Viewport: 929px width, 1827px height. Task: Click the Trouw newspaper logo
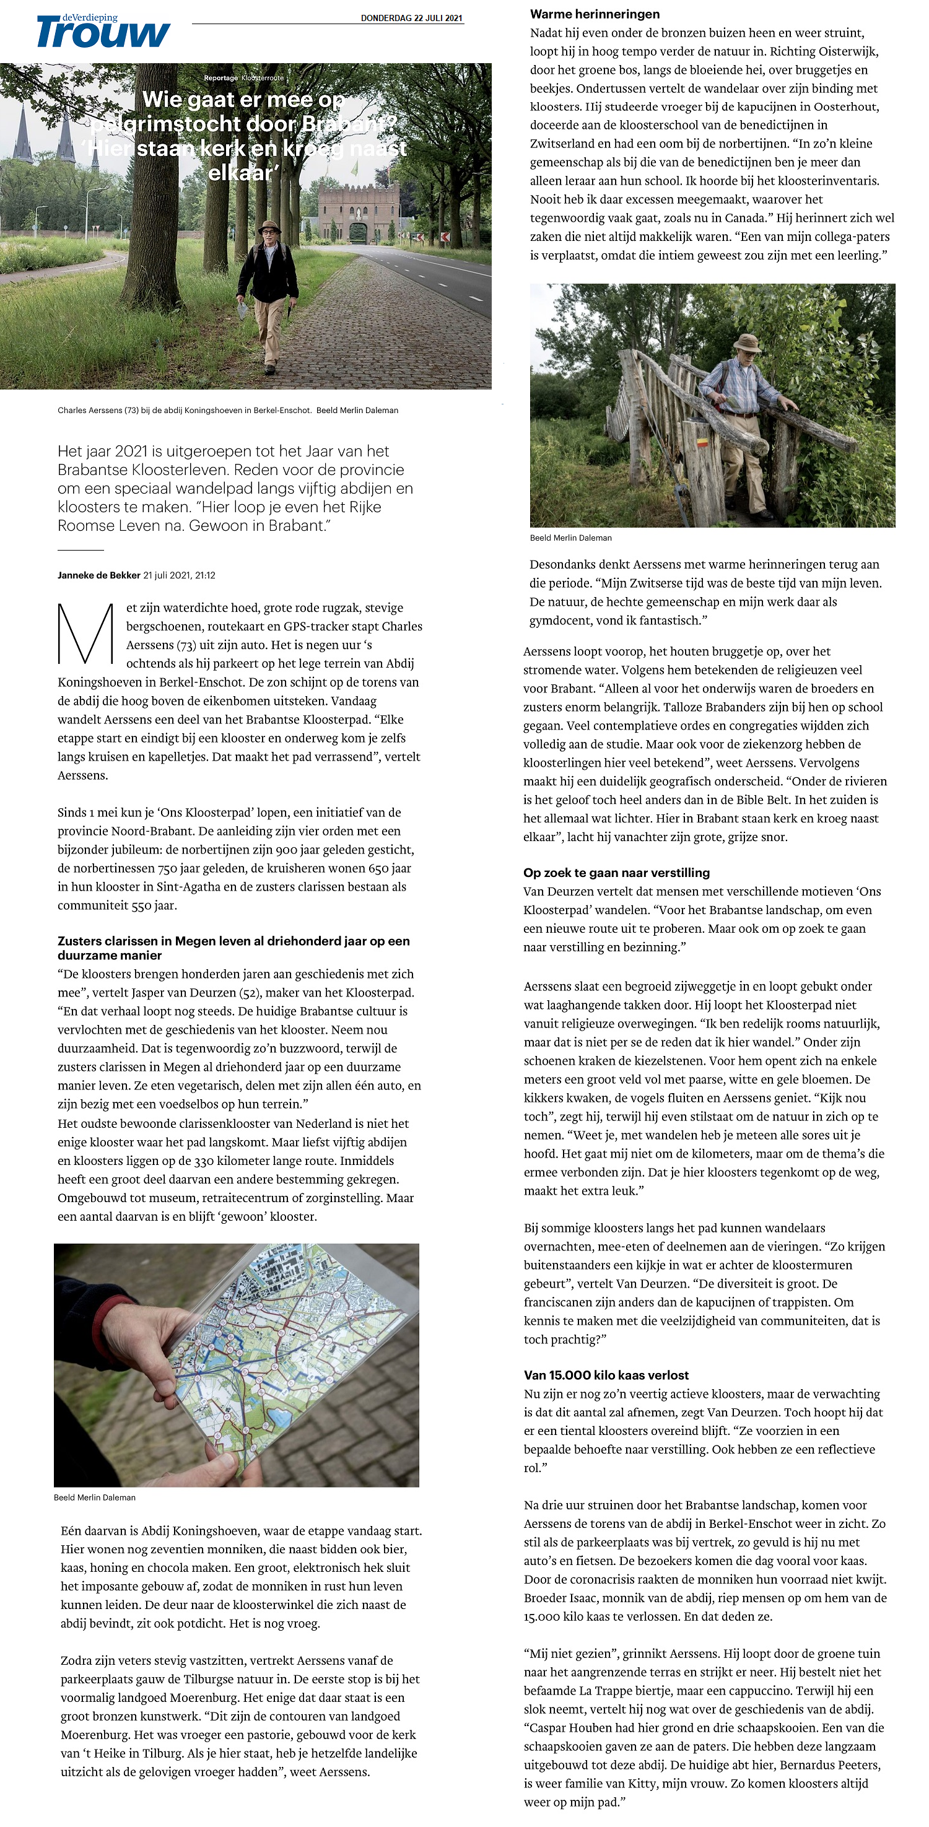(103, 33)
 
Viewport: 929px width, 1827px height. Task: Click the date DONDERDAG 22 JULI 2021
(411, 18)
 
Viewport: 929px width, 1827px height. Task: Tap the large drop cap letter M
(85, 634)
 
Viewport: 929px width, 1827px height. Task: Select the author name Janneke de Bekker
(98, 575)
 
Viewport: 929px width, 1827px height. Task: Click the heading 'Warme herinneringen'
(595, 14)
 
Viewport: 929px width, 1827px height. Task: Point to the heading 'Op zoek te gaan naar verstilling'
(616, 873)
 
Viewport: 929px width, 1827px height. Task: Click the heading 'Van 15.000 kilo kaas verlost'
(606, 1374)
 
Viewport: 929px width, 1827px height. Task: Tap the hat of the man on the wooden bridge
(747, 342)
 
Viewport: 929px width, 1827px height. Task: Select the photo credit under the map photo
(94, 1497)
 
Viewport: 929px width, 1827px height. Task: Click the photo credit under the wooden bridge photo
(570, 538)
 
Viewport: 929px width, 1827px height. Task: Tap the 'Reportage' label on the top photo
(220, 78)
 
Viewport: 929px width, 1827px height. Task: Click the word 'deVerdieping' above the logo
(89, 17)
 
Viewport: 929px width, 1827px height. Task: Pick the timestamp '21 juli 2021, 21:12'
(180, 575)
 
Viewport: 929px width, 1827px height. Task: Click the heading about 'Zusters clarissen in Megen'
(233, 948)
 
